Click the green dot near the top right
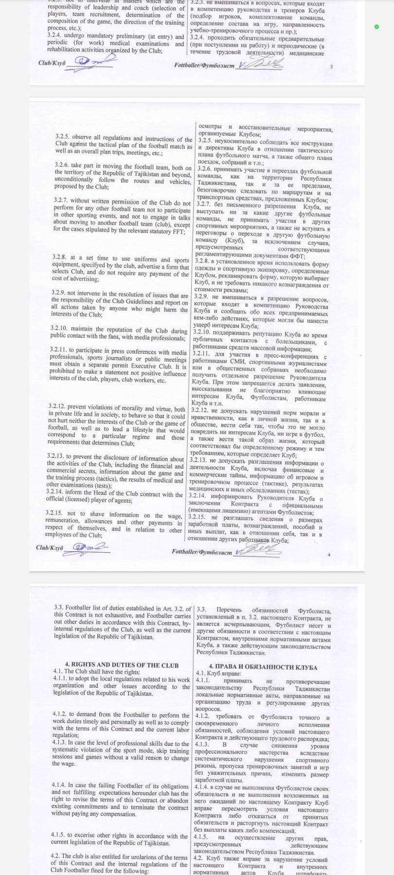[376, 27]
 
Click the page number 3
[331, 67]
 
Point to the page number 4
[329, 555]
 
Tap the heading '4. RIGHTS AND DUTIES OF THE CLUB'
[122, 665]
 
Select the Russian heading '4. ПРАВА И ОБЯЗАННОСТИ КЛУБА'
[263, 667]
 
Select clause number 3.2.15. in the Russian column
[197, 517]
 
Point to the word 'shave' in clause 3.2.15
[97, 514]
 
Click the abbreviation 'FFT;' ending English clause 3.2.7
[179, 231]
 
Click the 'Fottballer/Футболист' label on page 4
[202, 552]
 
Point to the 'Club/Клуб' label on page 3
[52, 63]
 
